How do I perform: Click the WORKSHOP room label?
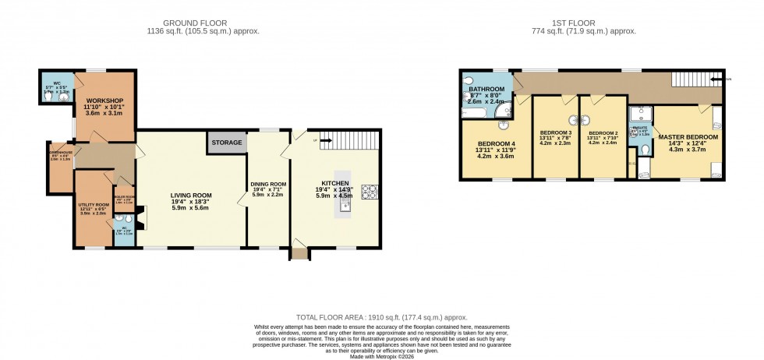105,101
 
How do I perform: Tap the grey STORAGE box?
227,143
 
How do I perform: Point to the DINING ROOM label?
267,185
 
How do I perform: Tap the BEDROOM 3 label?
555,133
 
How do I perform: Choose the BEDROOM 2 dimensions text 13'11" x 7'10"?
603,138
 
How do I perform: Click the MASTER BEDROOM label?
688,137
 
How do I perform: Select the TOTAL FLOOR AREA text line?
381,318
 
